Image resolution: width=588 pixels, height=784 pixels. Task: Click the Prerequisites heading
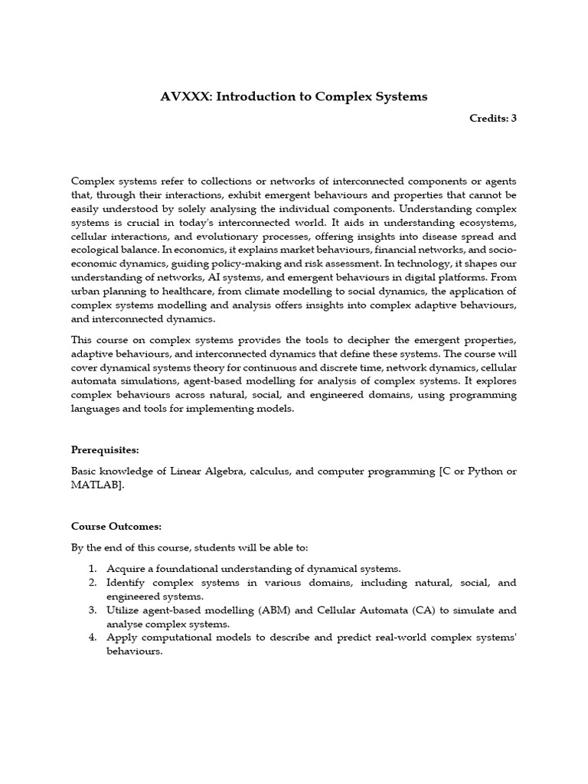(105, 449)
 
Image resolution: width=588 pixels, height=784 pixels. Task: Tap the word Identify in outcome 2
(126, 582)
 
